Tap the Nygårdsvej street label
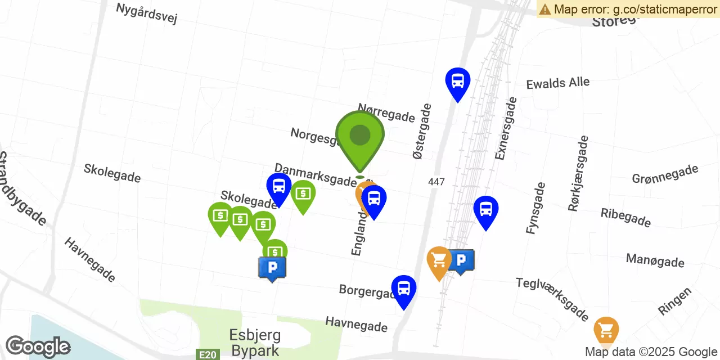coord(146,13)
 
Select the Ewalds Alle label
coord(558,83)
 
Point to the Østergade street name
coord(422,130)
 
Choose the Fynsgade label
coord(535,208)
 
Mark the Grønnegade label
coord(665,174)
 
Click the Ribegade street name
coord(625,217)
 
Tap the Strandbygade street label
coord(22,188)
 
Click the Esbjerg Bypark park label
coord(255,343)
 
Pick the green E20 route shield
coord(207,354)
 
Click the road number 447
coord(436,182)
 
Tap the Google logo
coord(38,346)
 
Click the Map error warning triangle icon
coord(545,9)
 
